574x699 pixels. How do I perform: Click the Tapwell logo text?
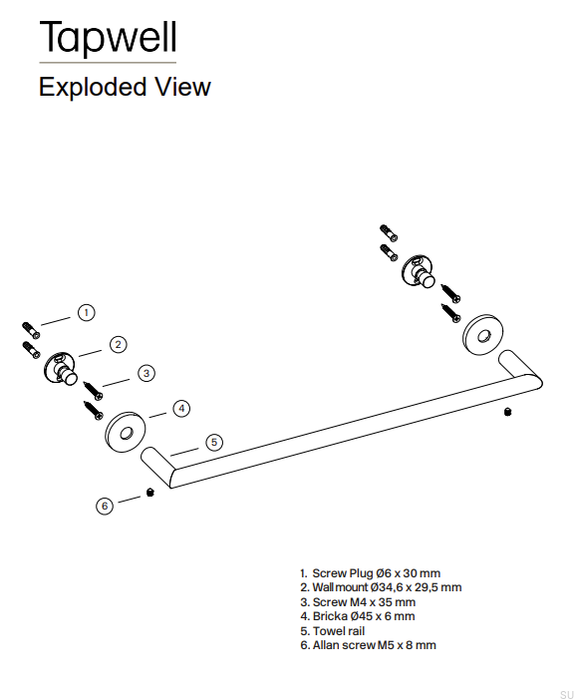click(109, 37)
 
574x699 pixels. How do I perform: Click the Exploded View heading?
click(125, 87)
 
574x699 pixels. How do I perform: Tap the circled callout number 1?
click(87, 312)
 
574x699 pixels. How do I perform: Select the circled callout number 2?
click(119, 344)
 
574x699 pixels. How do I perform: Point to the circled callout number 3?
click(146, 373)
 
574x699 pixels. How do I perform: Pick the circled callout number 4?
click(181, 409)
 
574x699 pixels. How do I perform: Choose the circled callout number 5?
click(214, 442)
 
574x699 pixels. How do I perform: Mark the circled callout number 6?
click(105, 506)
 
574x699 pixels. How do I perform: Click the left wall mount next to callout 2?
click(61, 369)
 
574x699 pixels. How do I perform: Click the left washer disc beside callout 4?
click(126, 433)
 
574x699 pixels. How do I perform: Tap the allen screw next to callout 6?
click(150, 493)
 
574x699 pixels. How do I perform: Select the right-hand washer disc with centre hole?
click(483, 335)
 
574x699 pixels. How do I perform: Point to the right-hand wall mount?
click(419, 271)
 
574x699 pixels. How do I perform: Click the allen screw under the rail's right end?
click(507, 412)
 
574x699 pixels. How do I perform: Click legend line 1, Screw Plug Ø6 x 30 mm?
click(371, 573)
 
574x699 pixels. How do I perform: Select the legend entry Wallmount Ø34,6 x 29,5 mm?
click(381, 587)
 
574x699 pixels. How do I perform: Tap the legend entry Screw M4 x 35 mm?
click(358, 602)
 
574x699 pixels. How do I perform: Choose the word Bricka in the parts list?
click(330, 616)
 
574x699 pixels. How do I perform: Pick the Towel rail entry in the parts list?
click(333, 631)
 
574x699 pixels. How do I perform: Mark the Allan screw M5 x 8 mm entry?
click(368, 645)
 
